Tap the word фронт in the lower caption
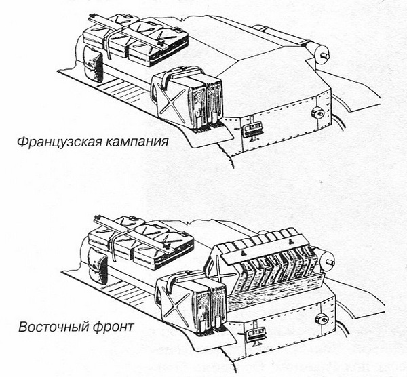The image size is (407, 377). click(116, 327)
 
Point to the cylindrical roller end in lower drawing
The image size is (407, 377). click(331, 257)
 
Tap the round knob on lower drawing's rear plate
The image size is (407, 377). click(319, 319)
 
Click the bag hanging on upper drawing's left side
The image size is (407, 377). click(92, 64)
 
